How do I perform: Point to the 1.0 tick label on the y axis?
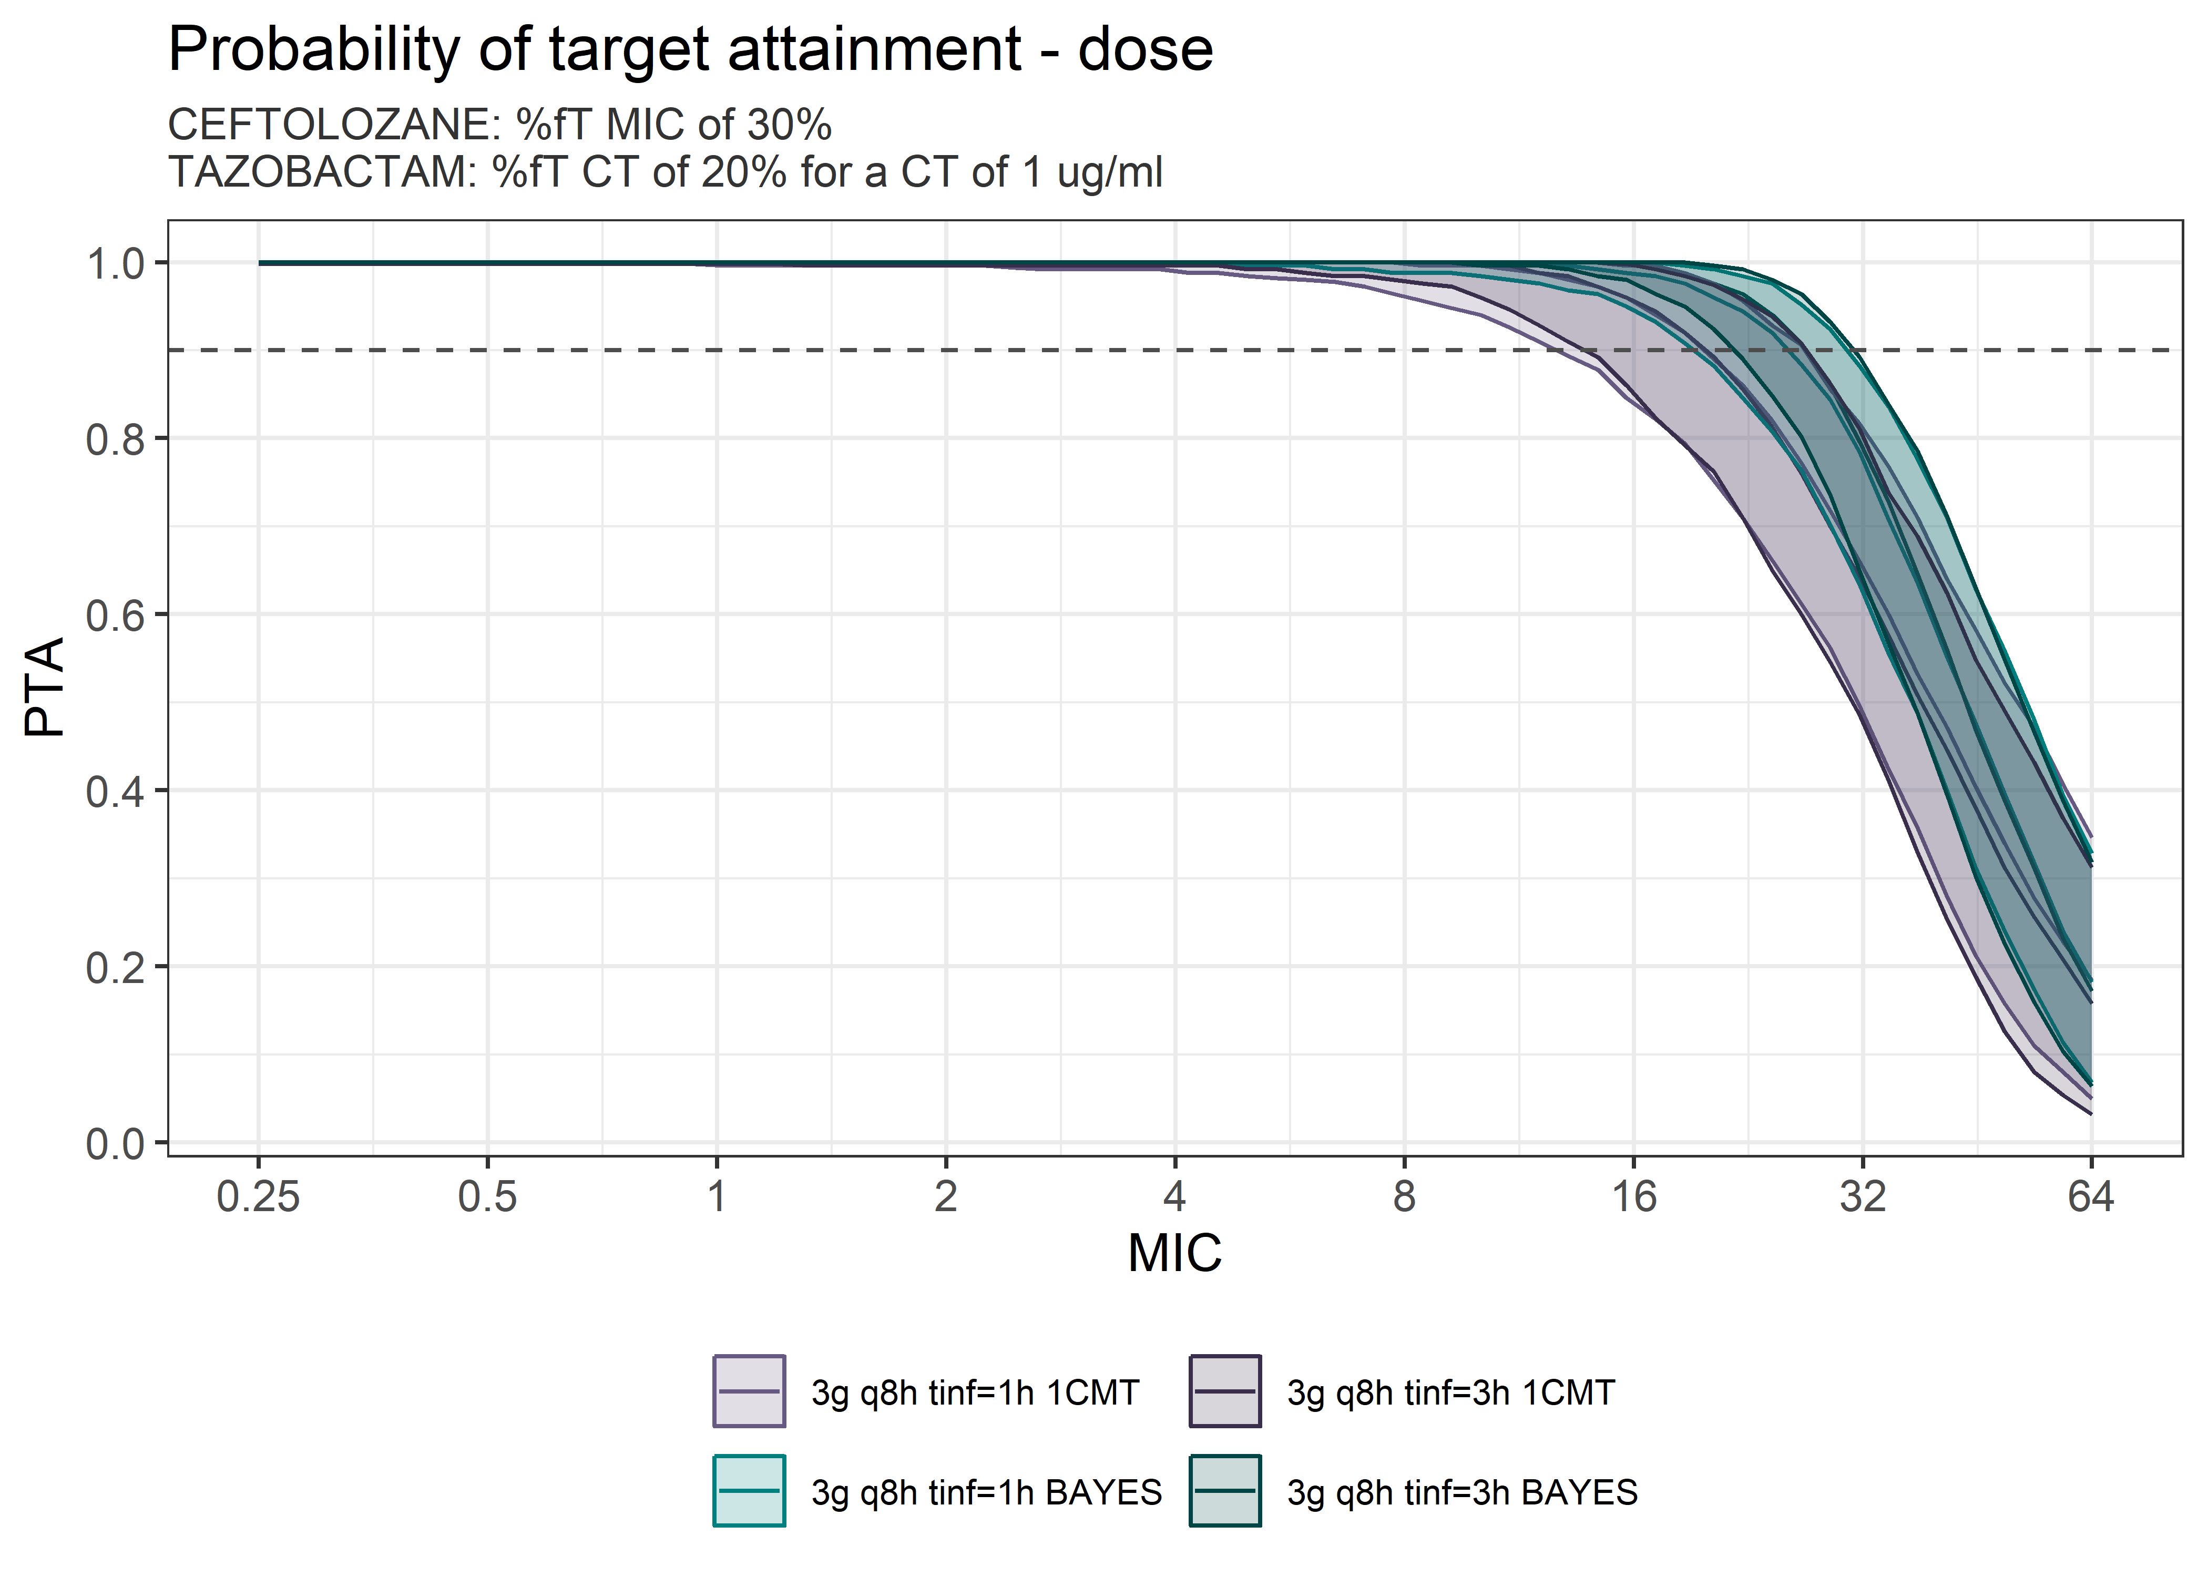click(115, 264)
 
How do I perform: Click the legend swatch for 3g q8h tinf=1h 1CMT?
click(749, 1391)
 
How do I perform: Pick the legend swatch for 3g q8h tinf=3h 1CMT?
click(1224, 1391)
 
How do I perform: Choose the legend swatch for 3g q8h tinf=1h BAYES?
click(749, 1491)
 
